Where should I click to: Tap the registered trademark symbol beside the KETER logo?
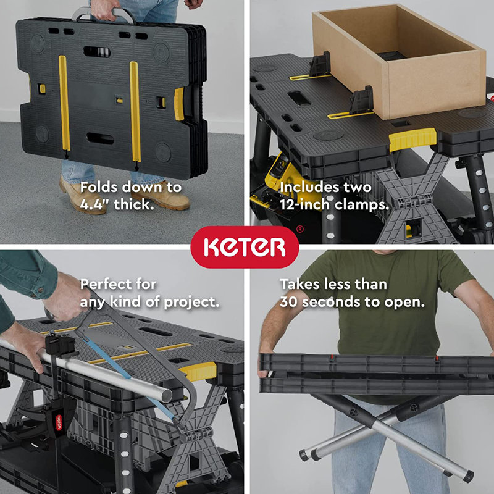[x=300, y=229]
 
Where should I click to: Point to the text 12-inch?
[x=307, y=204]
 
